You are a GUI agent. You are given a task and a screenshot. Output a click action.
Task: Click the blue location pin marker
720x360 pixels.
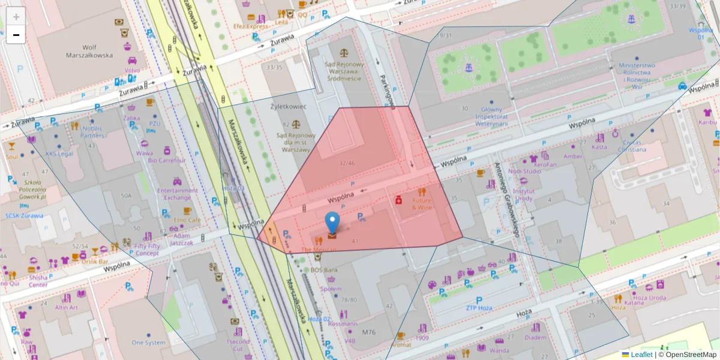(332, 223)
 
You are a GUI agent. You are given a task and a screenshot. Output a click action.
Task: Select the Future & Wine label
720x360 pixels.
(421, 203)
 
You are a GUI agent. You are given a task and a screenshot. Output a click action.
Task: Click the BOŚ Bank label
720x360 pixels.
(325, 270)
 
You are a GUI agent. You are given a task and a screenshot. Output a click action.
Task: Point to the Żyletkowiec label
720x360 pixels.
(289, 106)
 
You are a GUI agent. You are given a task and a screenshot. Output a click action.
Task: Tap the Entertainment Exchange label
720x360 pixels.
(178, 194)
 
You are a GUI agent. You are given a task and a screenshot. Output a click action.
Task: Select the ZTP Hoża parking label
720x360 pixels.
(479, 308)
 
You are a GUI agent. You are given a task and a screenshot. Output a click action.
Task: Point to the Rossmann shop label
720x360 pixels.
(343, 324)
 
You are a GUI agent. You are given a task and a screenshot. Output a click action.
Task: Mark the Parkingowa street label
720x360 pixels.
(387, 91)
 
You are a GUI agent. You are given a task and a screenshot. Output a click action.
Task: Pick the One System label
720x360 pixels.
(148, 343)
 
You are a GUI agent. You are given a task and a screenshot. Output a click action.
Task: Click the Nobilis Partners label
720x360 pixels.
(92, 131)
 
